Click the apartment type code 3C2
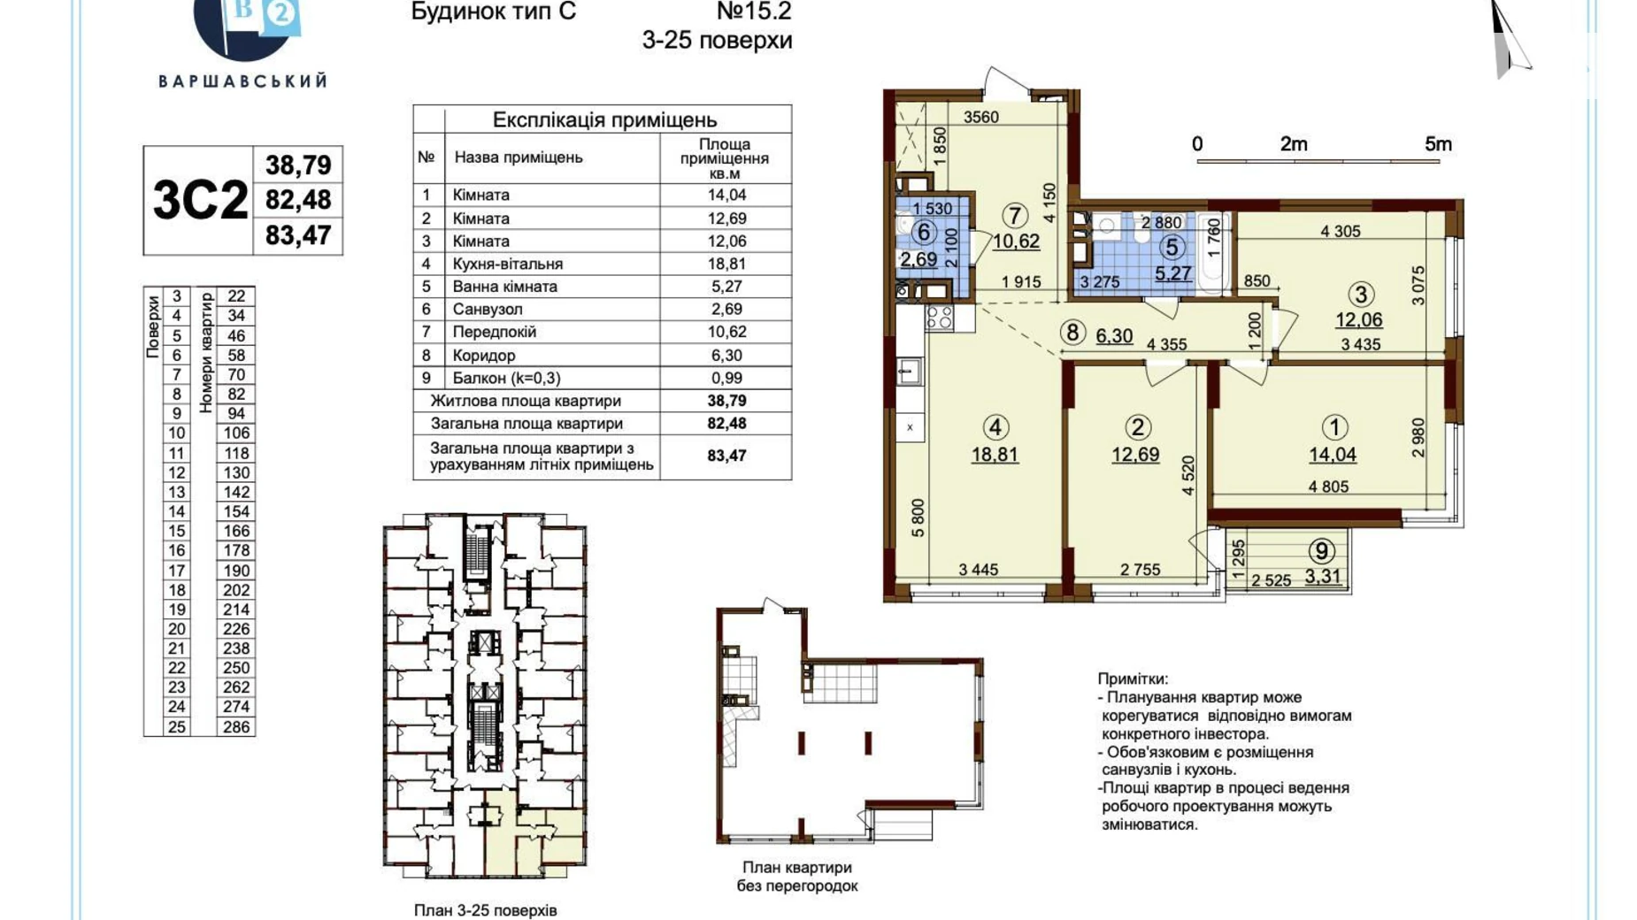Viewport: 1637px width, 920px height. pos(200,201)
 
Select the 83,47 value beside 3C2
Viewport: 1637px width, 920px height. pos(298,235)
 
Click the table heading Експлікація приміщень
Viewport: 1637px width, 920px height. pos(604,119)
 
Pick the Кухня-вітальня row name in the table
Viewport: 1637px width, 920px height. pos(508,264)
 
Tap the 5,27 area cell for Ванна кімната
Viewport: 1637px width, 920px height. pos(726,287)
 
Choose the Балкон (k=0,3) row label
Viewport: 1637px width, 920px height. pos(506,378)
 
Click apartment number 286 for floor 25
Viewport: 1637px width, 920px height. pos(236,727)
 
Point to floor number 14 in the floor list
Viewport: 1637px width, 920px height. pos(177,512)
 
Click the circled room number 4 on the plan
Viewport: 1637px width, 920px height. pos(995,428)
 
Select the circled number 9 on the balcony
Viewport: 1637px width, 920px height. pos(1321,551)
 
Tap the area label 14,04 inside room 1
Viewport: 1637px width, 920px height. pos(1333,455)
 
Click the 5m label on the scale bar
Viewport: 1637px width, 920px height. pos(1438,144)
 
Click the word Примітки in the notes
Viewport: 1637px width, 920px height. pos(1133,679)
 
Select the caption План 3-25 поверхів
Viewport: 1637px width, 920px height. pos(485,910)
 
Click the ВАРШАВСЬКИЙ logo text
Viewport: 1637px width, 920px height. pos(243,81)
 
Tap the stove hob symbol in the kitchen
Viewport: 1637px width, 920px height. pos(939,318)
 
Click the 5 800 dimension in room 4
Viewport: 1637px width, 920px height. pos(918,518)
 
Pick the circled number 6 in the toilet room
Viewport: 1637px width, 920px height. pos(924,232)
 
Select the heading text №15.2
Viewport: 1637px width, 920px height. pos(754,11)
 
